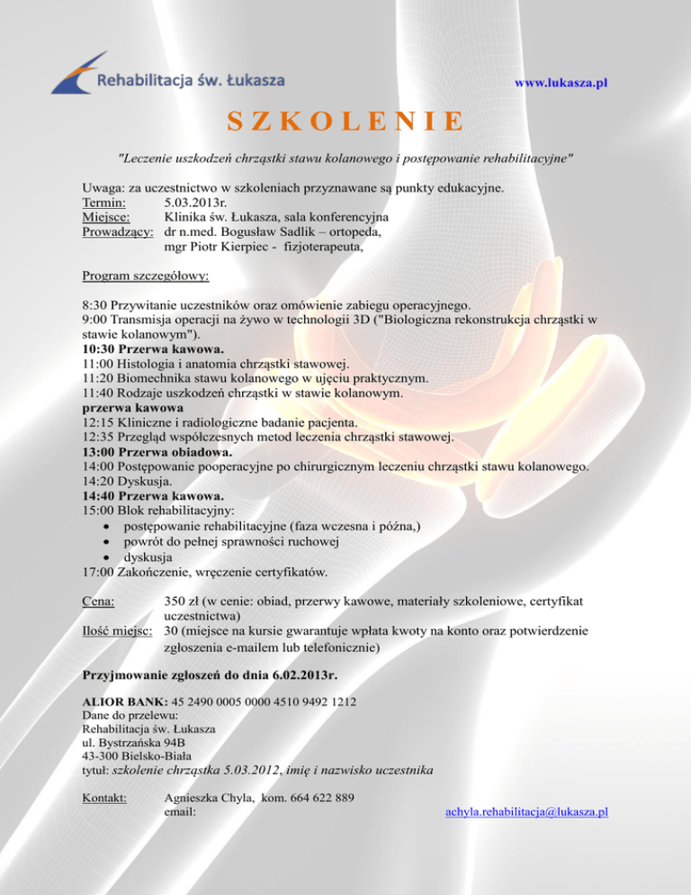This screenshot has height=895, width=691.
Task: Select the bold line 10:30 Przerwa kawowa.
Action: (x=153, y=348)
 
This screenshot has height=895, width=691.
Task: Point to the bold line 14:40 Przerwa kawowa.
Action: (x=153, y=495)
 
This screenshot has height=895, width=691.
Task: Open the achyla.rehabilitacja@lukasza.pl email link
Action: (x=526, y=811)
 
